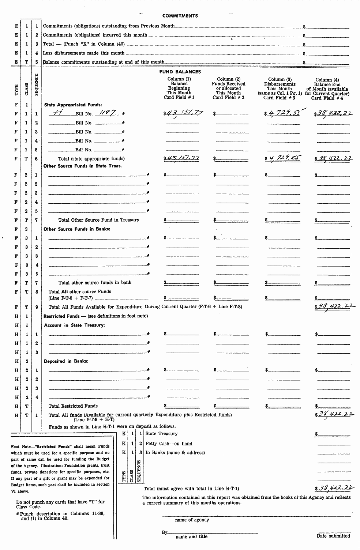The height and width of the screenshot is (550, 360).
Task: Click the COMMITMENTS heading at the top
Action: [180, 16]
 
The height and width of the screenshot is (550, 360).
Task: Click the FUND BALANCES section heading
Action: [180, 72]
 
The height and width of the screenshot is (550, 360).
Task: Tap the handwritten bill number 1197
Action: [108, 113]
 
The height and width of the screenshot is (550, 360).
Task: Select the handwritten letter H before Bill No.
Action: [57, 113]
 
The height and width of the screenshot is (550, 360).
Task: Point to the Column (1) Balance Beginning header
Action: [179, 88]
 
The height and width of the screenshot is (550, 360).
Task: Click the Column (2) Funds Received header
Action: [228, 88]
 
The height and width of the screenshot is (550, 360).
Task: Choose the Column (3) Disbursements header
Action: [280, 88]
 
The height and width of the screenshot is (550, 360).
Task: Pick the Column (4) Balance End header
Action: [327, 88]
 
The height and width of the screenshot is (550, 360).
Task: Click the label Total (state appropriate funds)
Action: [91, 159]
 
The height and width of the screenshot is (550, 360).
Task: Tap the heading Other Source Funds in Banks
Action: [77, 229]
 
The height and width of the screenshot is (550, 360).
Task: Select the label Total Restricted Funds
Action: [73, 406]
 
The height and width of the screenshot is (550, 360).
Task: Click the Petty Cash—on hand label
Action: [169, 444]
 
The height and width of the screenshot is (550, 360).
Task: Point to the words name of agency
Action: [192, 520]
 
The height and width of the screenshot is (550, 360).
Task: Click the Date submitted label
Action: [333, 536]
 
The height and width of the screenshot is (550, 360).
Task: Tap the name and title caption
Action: [191, 536]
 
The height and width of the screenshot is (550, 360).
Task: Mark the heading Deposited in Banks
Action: [66, 361]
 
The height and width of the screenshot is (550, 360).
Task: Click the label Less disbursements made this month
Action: [84, 53]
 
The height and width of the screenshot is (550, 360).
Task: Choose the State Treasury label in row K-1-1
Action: [162, 434]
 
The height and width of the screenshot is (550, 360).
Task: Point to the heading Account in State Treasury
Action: [75, 325]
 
